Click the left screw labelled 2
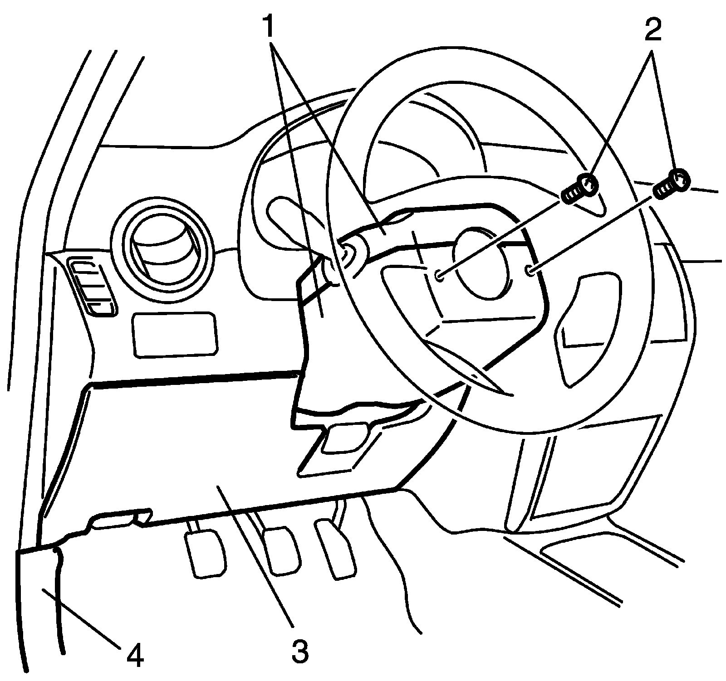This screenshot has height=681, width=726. [x=579, y=189]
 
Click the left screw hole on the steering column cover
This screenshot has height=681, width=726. [x=439, y=275]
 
